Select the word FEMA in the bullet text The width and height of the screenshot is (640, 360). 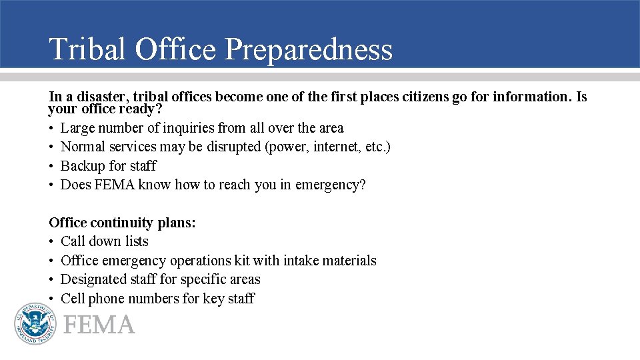click(x=115, y=185)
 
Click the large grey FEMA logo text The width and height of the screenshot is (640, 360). click(x=99, y=325)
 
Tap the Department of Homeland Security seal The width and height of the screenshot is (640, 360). click(x=35, y=323)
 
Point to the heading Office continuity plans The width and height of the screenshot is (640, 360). click(x=123, y=223)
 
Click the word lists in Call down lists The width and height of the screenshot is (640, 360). click(x=137, y=241)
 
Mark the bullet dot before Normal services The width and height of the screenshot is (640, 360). click(x=52, y=147)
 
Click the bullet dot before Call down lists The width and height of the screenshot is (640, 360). click(x=52, y=241)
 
